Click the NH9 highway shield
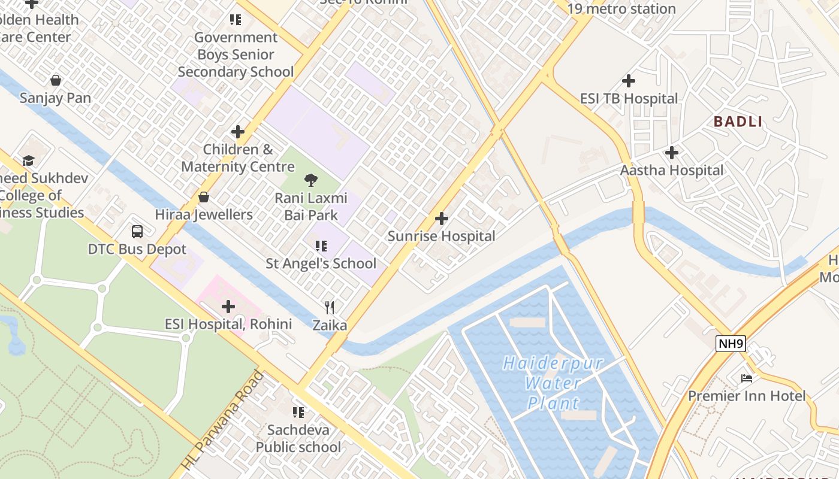pyautogui.click(x=731, y=344)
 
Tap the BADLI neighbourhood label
pyautogui.click(x=738, y=122)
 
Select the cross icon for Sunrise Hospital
pyautogui.click(x=442, y=219)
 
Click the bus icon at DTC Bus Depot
pyautogui.click(x=137, y=231)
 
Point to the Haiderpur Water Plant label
pyautogui.click(x=553, y=383)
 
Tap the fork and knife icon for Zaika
pyautogui.click(x=330, y=308)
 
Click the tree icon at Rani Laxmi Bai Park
pyautogui.click(x=310, y=180)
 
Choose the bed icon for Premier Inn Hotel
pyautogui.click(x=747, y=378)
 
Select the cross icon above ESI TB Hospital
pyautogui.click(x=629, y=80)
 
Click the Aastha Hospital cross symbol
pyautogui.click(x=672, y=153)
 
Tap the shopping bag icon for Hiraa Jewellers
pyautogui.click(x=204, y=197)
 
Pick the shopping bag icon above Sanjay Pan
pyautogui.click(x=56, y=80)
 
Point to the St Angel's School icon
pyautogui.click(x=321, y=245)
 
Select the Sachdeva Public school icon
pyautogui.click(x=298, y=412)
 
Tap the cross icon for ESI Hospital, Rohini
pyautogui.click(x=228, y=307)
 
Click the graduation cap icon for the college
pyautogui.click(x=28, y=160)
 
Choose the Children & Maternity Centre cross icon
pyautogui.click(x=238, y=132)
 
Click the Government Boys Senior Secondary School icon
pyautogui.click(x=236, y=20)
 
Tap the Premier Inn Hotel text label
pyautogui.click(x=747, y=396)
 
